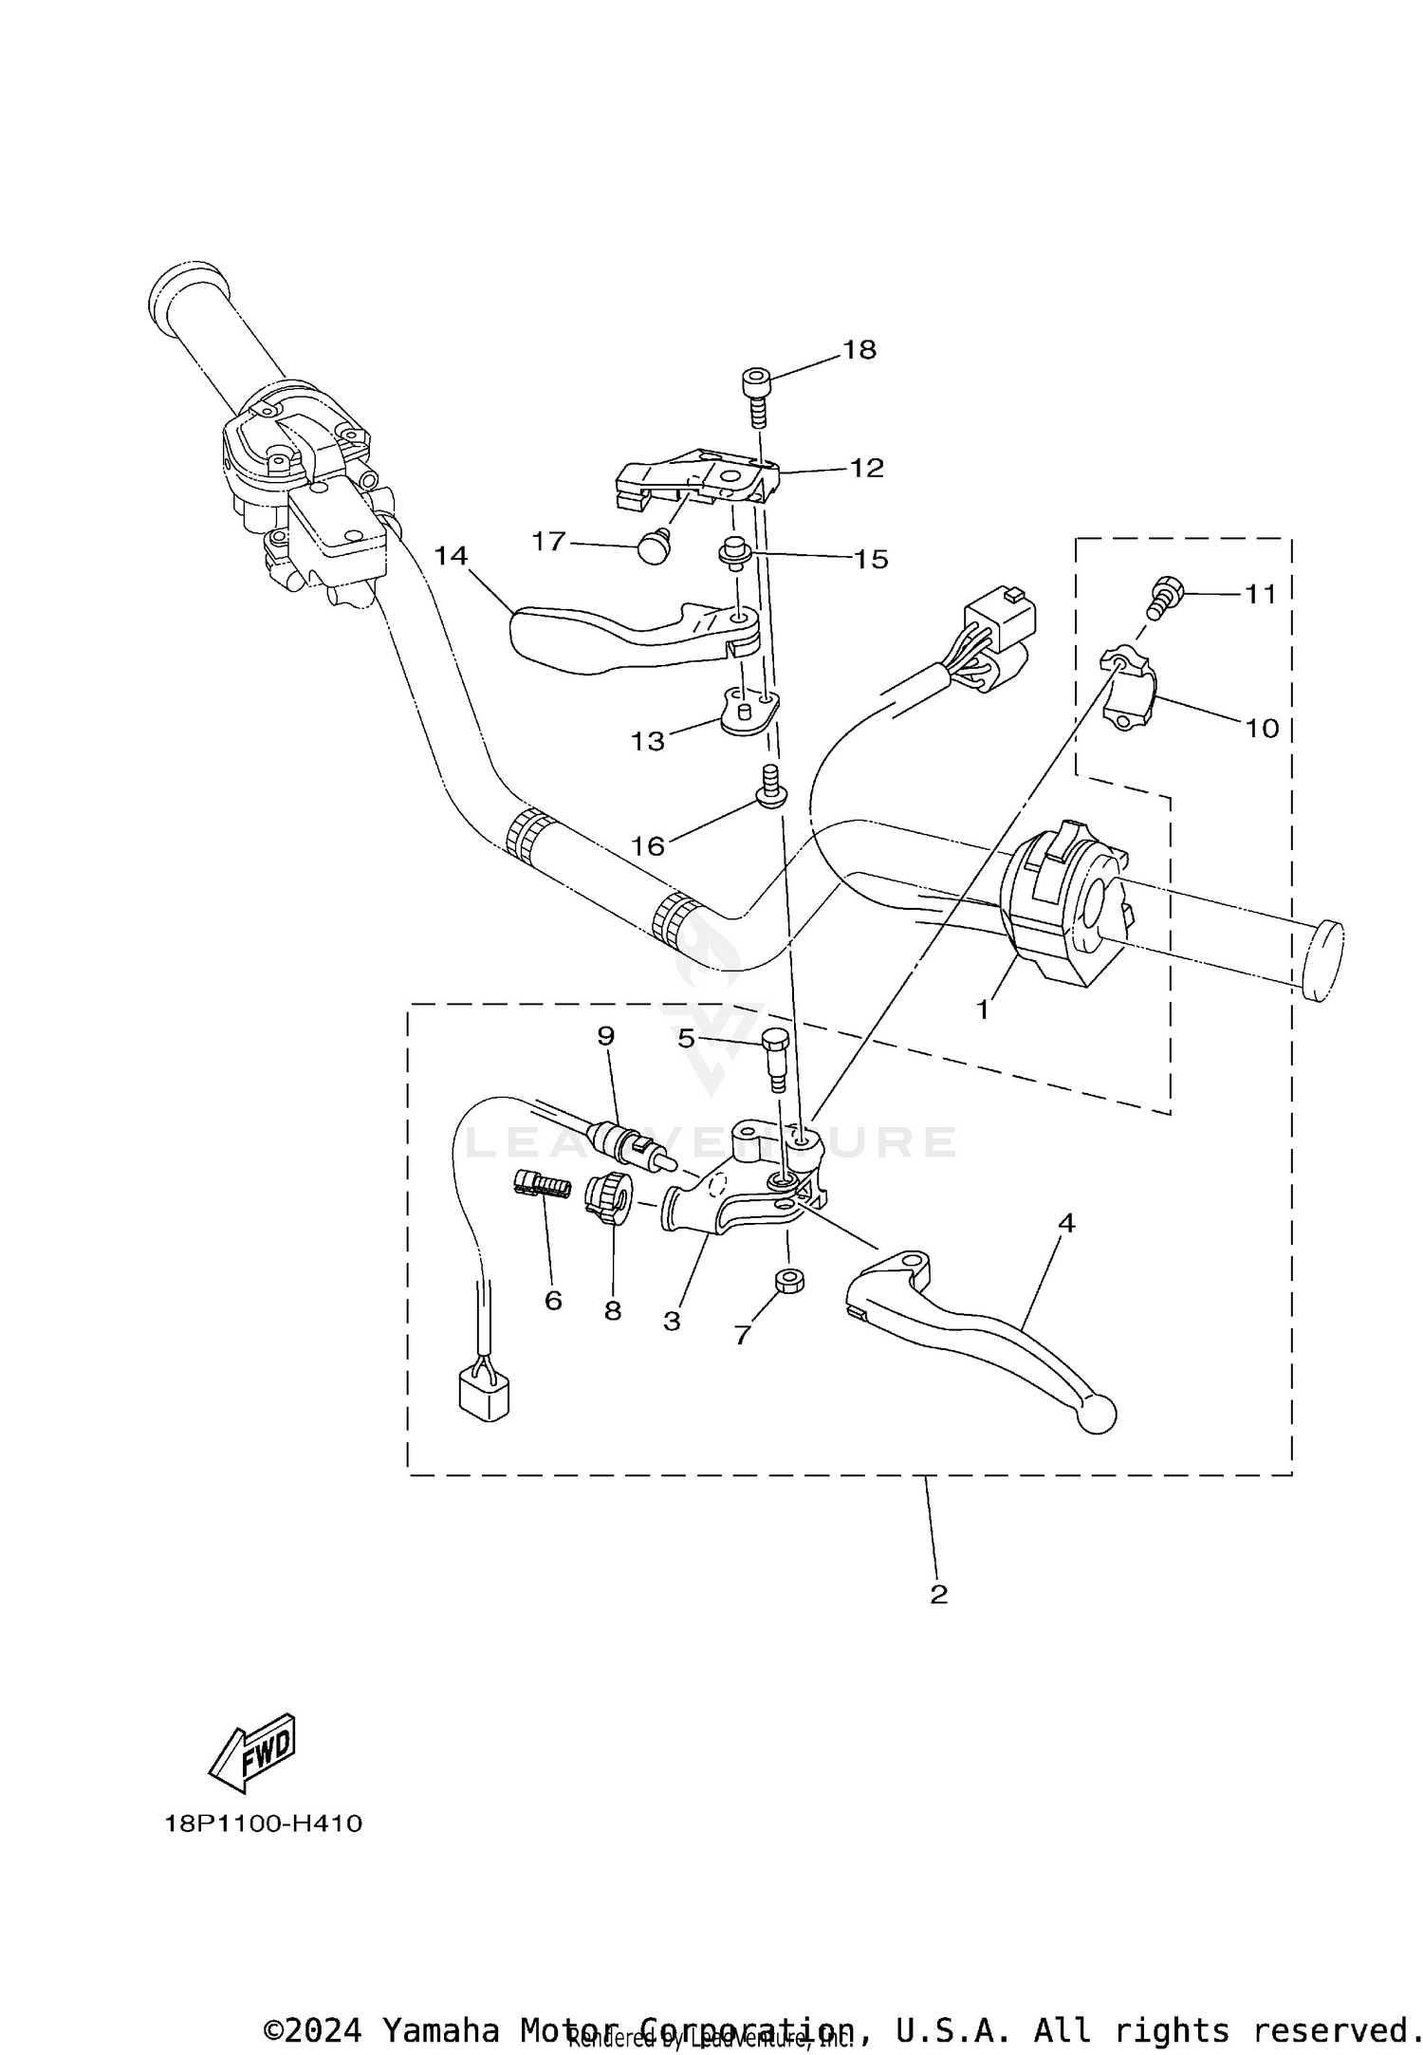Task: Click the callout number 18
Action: pyautogui.click(x=859, y=350)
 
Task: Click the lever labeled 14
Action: pyautogui.click(x=607, y=639)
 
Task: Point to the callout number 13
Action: pyautogui.click(x=649, y=741)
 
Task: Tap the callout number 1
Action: pyautogui.click(x=984, y=1010)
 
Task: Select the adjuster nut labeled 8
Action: pyautogui.click(x=608, y=1198)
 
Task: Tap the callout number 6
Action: pyautogui.click(x=553, y=1300)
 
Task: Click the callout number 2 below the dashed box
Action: pyautogui.click(x=938, y=1593)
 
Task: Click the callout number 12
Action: pyautogui.click(x=866, y=468)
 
